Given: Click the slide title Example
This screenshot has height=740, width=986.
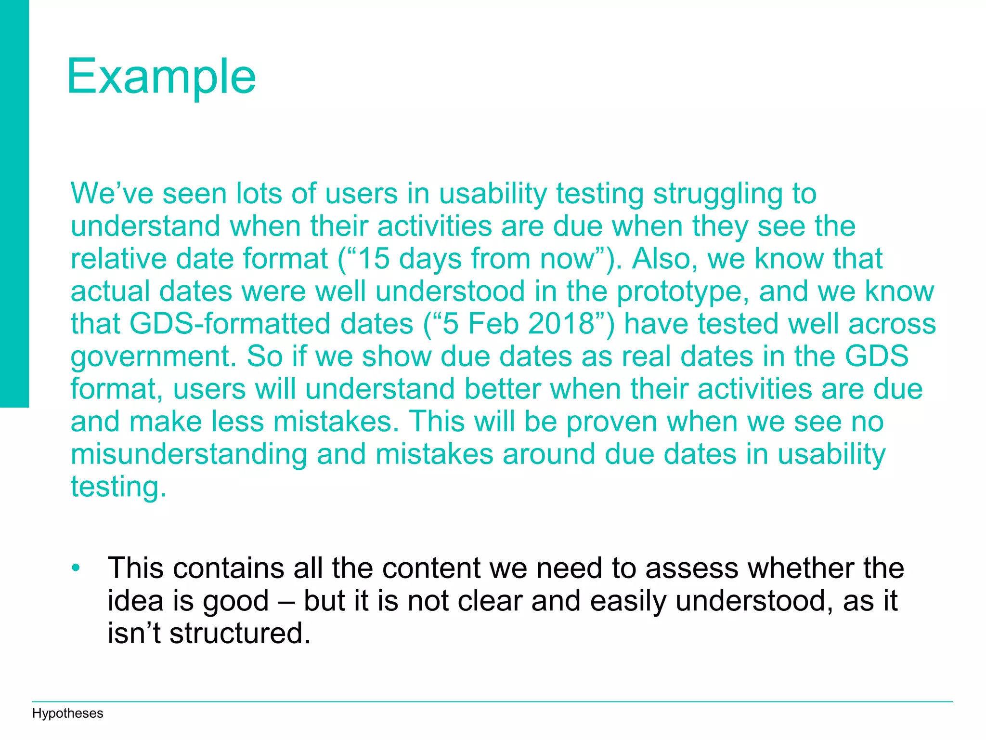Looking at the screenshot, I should (x=161, y=77).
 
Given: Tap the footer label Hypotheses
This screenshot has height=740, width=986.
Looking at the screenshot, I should (x=67, y=714).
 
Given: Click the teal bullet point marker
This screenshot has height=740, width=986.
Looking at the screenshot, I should (x=76, y=568).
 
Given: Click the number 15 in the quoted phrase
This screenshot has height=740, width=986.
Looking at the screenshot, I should (x=374, y=259).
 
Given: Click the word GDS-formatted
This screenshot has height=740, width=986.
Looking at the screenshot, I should (x=271, y=324).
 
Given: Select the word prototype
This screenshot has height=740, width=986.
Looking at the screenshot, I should (x=682, y=292).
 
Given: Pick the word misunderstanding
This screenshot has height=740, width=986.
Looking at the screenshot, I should (x=189, y=454).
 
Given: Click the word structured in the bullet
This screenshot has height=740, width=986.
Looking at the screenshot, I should (x=240, y=633).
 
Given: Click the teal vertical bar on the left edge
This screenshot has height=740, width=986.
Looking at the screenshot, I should (x=14, y=202).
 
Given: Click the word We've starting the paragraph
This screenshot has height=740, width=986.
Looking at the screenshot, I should (x=112, y=194).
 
